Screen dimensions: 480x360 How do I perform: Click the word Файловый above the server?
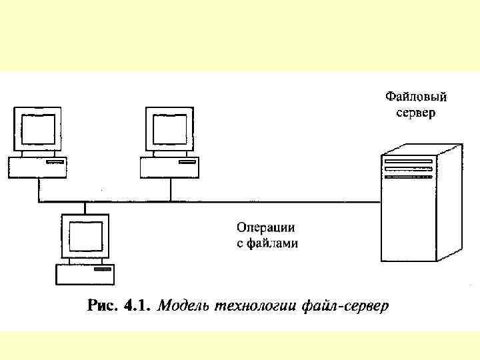click(417, 97)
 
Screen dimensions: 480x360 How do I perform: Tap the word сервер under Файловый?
click(417, 113)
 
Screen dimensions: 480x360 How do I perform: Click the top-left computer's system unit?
click(37, 166)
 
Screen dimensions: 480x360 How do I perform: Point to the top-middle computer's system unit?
click(169, 166)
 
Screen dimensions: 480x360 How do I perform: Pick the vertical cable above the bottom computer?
click(85, 207)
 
